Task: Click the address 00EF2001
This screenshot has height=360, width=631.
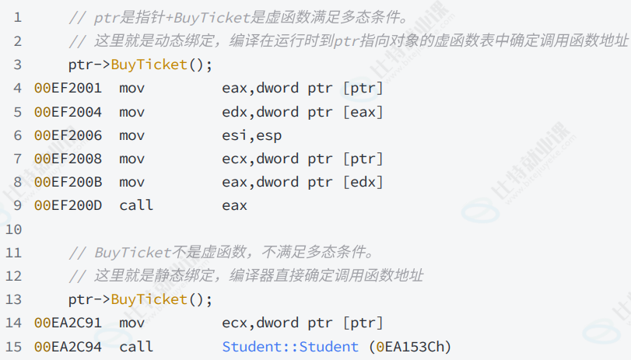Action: point(68,88)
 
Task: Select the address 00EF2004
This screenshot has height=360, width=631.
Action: point(68,111)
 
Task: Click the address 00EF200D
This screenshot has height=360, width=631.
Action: point(68,205)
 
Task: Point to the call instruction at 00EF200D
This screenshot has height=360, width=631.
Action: point(136,205)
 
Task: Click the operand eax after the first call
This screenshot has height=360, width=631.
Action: point(234,205)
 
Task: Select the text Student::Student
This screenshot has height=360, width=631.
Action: point(290,346)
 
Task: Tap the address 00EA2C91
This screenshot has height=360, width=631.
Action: point(68,323)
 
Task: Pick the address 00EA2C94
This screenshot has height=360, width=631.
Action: point(68,346)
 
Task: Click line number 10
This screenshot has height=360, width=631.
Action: point(13,229)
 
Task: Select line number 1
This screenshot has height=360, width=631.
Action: point(17,17)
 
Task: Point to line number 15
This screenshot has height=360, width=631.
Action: point(13,346)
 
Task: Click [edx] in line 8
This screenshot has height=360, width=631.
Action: point(363,182)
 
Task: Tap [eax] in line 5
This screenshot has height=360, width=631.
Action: point(363,111)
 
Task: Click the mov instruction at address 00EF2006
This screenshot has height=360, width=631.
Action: point(132,135)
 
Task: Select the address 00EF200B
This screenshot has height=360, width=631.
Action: point(68,182)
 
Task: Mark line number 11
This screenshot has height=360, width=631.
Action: point(13,253)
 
